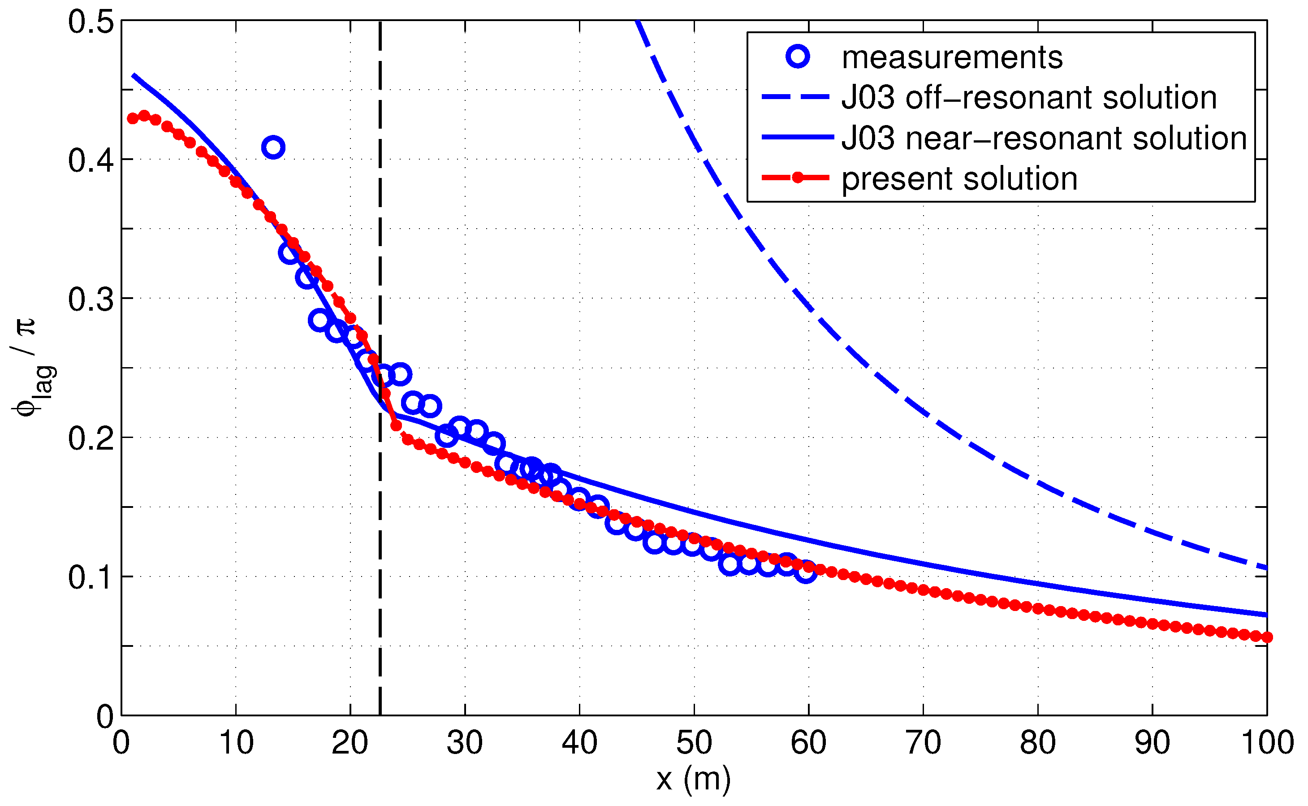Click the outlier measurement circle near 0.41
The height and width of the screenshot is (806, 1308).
273,147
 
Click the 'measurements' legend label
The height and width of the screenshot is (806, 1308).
952,57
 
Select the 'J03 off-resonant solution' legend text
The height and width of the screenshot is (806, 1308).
1029,98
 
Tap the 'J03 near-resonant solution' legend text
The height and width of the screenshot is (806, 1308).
1044,138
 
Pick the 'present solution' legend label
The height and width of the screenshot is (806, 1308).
959,178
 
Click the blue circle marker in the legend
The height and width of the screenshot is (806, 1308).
798,56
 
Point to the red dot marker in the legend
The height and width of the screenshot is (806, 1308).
798,178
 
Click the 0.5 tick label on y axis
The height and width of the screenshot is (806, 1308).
91,22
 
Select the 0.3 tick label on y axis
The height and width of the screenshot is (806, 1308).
91,299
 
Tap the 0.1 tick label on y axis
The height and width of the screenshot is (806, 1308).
91,577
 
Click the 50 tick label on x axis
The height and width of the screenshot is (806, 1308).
694,742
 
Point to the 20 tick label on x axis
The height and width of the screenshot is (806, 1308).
350,742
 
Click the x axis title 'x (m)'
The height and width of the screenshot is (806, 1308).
693,780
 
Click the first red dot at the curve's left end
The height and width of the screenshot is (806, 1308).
133,118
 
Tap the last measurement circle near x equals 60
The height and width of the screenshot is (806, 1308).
806,572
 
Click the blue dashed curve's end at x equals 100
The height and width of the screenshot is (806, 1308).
1266,569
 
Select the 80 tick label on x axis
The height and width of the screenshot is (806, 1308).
1037,742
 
